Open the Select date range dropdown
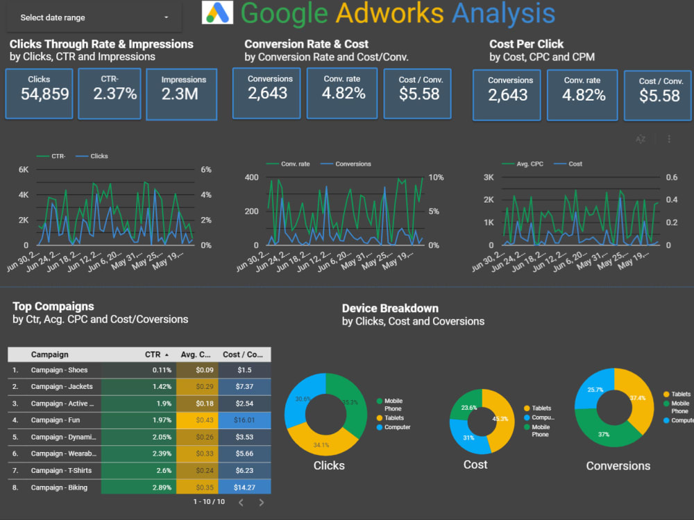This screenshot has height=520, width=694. click(x=94, y=17)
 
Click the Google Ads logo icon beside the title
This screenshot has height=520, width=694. click(x=218, y=12)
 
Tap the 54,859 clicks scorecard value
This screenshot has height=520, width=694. click(x=45, y=94)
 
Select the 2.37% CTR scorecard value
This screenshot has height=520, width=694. click(x=115, y=94)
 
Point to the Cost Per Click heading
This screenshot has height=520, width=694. click(x=526, y=44)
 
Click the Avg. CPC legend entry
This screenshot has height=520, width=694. click(x=530, y=164)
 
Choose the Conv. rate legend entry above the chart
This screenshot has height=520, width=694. click(x=295, y=164)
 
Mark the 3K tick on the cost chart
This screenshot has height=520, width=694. click(x=488, y=177)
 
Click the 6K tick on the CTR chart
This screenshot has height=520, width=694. click(x=24, y=170)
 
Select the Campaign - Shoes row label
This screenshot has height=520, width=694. click(x=59, y=370)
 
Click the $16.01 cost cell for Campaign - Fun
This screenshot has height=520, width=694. click(x=244, y=420)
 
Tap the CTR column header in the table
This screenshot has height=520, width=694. click(x=153, y=354)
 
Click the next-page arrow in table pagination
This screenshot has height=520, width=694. click(x=262, y=502)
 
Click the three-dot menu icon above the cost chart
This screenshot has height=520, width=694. click(x=669, y=139)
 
